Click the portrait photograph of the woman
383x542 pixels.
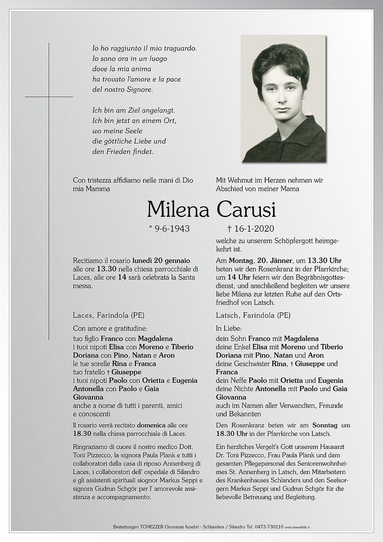point(283,98)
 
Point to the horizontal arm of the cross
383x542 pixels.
point(49,96)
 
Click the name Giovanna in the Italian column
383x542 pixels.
point(88,397)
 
